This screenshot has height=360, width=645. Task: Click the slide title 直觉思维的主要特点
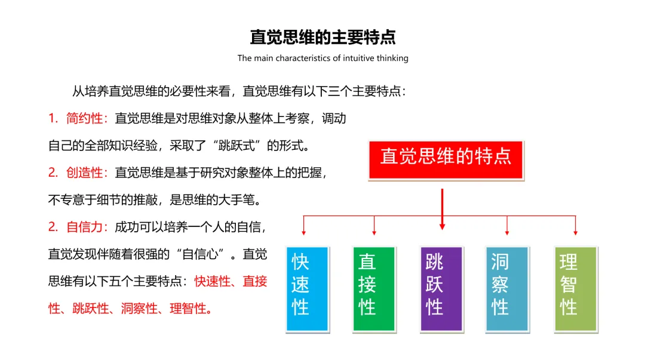coord(322,37)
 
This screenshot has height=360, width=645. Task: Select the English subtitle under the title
coord(322,58)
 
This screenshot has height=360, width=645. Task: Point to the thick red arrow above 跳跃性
coord(442,209)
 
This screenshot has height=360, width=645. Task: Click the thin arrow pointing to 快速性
coord(304,226)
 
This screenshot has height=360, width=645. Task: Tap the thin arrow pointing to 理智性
coord(576,226)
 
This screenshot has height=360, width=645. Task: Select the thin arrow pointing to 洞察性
coord(507,226)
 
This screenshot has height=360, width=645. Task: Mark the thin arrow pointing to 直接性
coord(374,226)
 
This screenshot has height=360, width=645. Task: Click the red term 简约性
coord(84,118)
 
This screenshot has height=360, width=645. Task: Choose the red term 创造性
coord(84,173)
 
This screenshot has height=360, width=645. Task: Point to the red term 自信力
coord(84,227)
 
